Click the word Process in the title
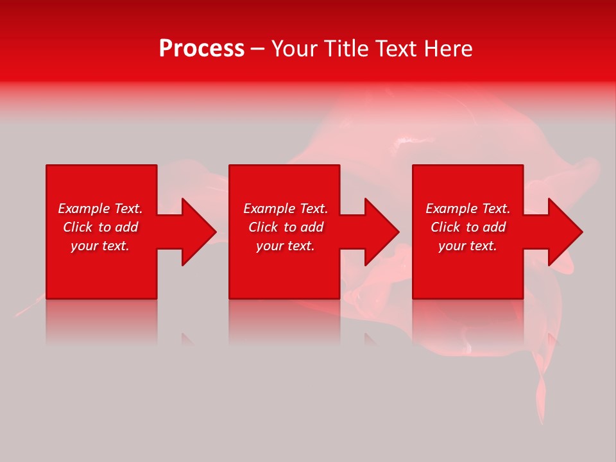201,49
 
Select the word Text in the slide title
397,49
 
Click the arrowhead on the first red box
196,232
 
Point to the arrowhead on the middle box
379,232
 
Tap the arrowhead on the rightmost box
562,232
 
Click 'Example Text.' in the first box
100,209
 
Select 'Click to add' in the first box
100,227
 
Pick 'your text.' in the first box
100,246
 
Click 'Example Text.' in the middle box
286,209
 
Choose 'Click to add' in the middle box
286,227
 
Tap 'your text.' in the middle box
286,246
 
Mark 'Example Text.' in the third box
468,209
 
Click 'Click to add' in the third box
468,227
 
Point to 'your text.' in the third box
468,246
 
